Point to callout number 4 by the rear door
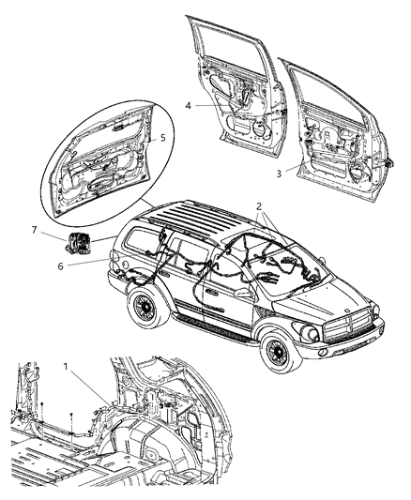click(x=190, y=106)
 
